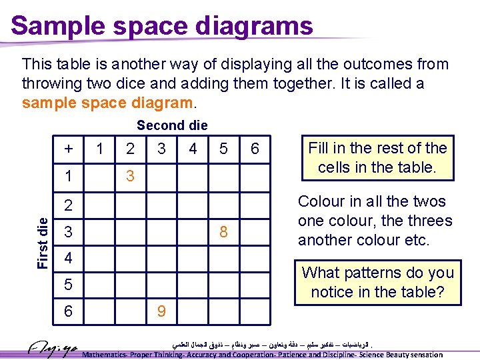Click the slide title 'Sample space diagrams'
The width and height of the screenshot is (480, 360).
coord(162,26)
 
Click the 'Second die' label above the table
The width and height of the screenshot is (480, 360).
coord(172,125)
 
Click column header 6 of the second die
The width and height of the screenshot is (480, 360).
coord(254,149)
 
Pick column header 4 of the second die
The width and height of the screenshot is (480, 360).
coord(193,149)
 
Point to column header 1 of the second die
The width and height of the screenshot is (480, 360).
coord(99,149)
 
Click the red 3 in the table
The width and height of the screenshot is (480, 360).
coord(130,177)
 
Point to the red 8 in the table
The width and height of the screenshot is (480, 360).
coord(223,232)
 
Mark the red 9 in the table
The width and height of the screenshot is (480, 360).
coord(161,311)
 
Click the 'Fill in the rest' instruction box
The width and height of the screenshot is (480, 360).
coord(377,157)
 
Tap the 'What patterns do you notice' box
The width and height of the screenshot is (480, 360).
coord(377,282)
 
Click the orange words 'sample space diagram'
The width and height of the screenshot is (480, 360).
coord(107,103)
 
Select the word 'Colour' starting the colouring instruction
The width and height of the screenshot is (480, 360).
coord(321,202)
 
